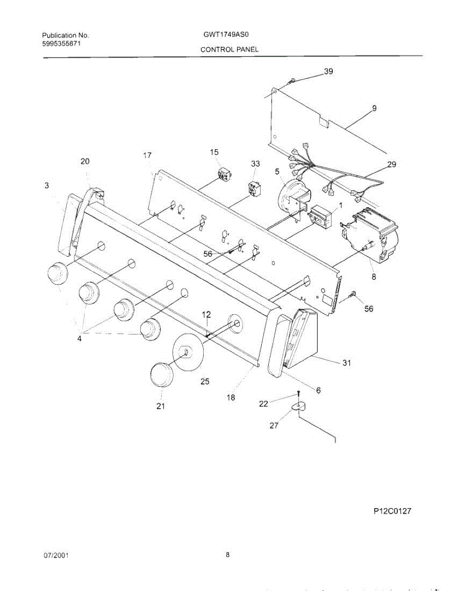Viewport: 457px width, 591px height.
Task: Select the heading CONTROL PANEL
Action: pos(229,50)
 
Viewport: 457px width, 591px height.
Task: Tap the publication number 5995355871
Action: pos(62,43)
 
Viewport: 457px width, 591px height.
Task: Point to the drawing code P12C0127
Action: pos(392,511)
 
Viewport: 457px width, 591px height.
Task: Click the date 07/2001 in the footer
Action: pos(56,555)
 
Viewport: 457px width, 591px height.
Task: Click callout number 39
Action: pos(328,71)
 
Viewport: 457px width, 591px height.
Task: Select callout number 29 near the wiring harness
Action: pos(391,164)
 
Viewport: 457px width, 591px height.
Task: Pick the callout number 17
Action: pos(147,155)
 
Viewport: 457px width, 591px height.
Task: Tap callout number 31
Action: pos(347,363)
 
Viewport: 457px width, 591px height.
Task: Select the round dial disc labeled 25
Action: pos(187,352)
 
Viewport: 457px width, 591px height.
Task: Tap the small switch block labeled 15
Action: pos(225,174)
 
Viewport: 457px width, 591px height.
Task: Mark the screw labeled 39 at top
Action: pos(293,80)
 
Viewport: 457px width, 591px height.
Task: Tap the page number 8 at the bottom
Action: pos(228,555)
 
